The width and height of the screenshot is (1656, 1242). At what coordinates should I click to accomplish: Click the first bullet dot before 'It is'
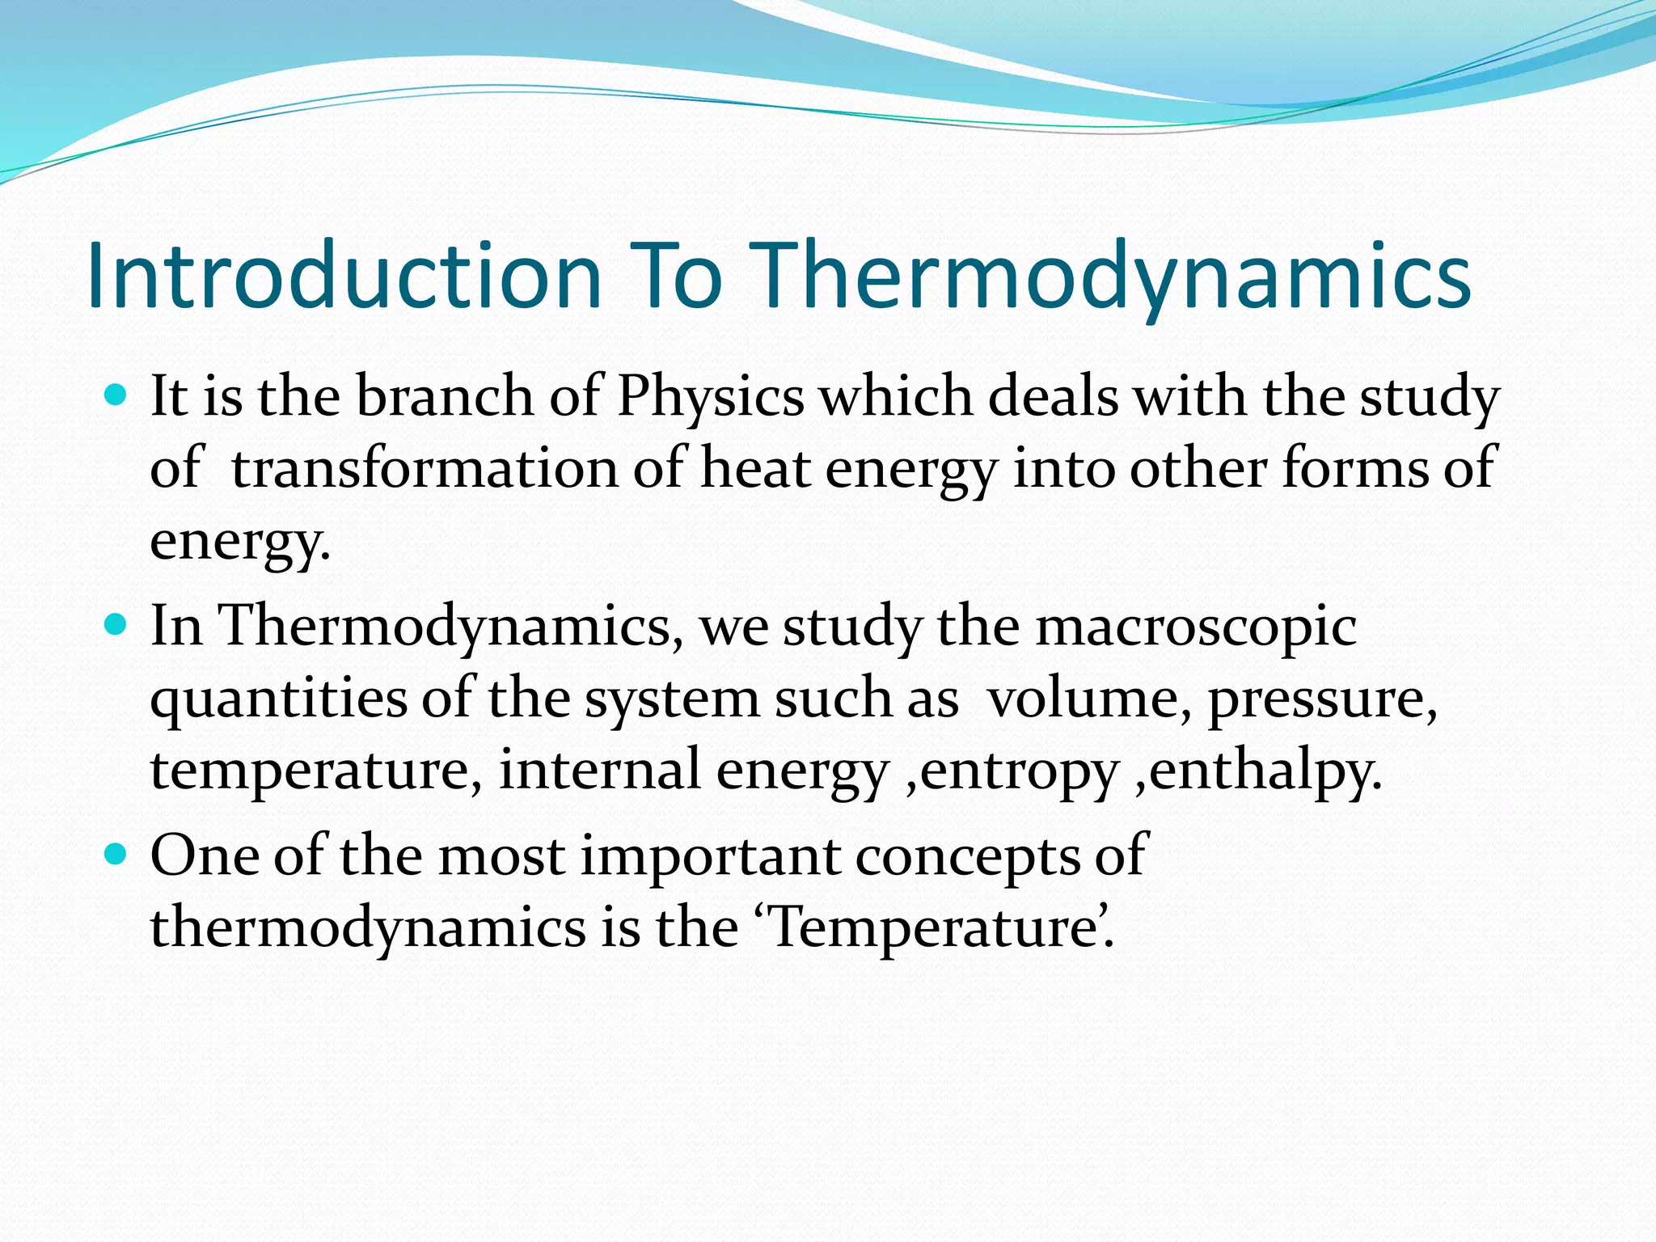[117, 395]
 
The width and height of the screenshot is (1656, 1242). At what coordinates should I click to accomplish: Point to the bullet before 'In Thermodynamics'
[117, 624]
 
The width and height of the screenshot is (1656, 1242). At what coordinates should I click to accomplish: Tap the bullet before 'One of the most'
[117, 854]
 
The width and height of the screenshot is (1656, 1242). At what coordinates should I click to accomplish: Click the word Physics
[711, 399]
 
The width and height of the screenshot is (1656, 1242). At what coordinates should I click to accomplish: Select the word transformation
[425, 469]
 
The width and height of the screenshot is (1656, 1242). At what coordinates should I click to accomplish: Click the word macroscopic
[1196, 628]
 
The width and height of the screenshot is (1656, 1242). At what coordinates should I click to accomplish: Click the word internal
[599, 770]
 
